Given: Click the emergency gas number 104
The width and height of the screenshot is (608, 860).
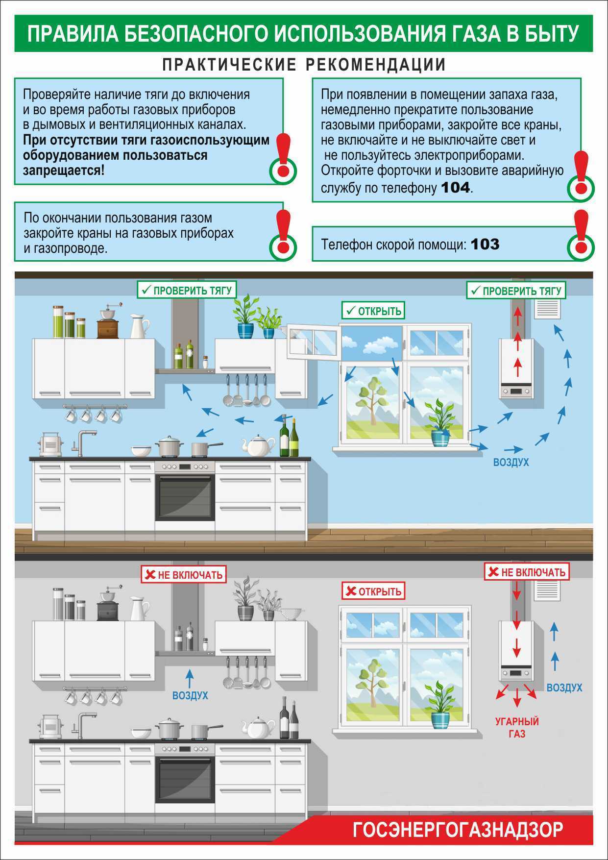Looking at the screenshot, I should [x=456, y=187].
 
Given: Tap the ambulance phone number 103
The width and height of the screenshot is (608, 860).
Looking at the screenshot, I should [x=485, y=244].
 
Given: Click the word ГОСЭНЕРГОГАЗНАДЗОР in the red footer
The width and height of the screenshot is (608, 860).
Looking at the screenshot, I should [x=458, y=830].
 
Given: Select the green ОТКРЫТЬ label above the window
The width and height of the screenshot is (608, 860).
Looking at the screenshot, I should [x=373, y=311].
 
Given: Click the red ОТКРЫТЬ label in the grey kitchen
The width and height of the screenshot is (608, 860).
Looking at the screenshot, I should [x=373, y=591].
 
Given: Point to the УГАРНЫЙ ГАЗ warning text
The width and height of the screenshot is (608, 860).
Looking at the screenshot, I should [x=517, y=727].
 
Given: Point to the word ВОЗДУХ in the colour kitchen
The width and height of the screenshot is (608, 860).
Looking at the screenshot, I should [x=511, y=462].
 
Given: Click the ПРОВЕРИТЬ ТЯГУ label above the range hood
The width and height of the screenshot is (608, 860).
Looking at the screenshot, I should [x=187, y=290].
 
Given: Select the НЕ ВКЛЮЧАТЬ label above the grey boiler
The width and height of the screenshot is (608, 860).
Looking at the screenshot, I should [x=527, y=572].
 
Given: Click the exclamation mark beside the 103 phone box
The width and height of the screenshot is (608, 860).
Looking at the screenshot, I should [x=581, y=235].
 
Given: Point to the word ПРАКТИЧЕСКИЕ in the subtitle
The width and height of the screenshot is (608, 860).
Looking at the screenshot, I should [x=229, y=65].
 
